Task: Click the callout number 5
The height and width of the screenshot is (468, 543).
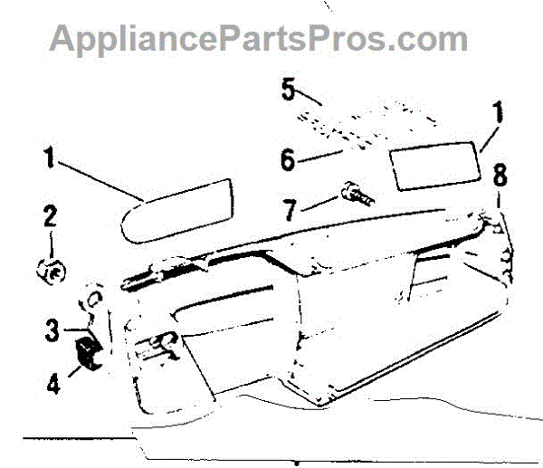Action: (x=289, y=90)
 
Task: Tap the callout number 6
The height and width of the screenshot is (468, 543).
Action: (x=288, y=160)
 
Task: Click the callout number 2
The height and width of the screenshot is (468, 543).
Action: (x=50, y=216)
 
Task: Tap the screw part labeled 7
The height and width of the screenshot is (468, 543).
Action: (x=354, y=196)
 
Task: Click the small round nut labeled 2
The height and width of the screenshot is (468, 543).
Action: (x=52, y=269)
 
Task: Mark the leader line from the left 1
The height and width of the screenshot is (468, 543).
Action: (x=100, y=180)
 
